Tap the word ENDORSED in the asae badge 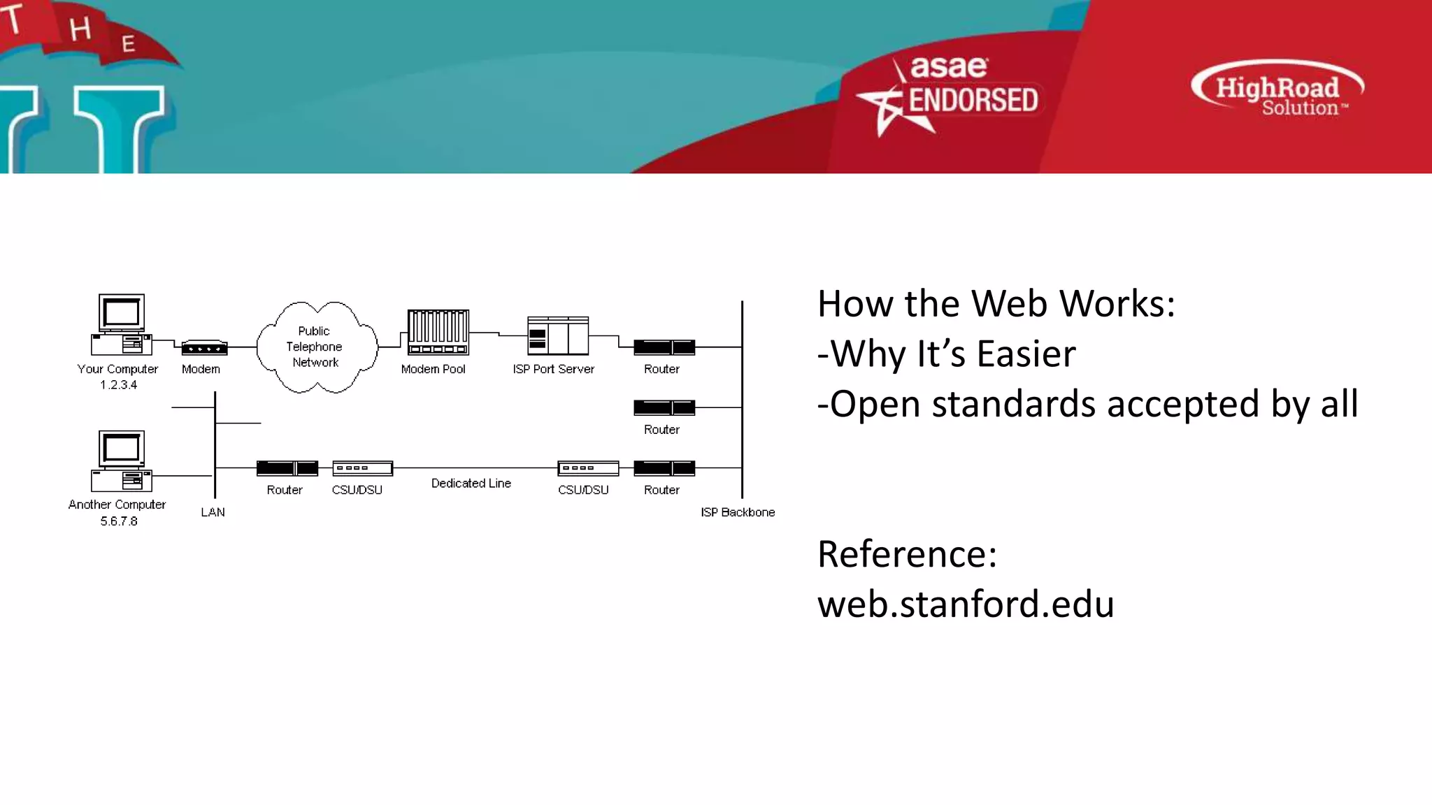click(x=972, y=101)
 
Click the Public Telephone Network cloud click(x=316, y=347)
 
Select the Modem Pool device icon click(x=438, y=333)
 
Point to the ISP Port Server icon click(x=557, y=336)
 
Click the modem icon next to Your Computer click(x=204, y=347)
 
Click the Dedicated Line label click(x=471, y=484)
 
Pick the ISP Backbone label click(x=737, y=512)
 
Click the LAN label click(x=213, y=512)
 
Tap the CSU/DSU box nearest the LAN click(x=362, y=468)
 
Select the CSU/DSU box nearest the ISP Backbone click(x=587, y=468)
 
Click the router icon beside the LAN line click(x=287, y=468)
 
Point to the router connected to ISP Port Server click(x=664, y=347)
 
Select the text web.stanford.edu click(x=965, y=604)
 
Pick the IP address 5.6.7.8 click(x=119, y=521)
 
